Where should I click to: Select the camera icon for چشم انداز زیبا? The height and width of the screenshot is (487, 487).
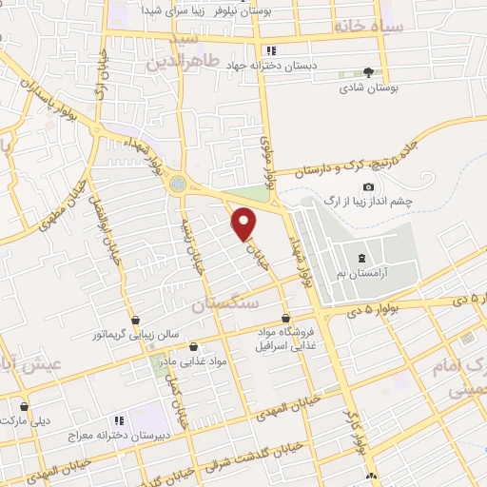(368, 187)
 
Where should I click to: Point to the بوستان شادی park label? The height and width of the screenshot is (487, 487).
(367, 88)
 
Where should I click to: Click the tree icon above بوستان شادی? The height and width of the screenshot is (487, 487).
(368, 72)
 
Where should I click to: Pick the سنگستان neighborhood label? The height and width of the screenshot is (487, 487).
(224, 305)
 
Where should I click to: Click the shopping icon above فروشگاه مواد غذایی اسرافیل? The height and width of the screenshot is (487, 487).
(286, 318)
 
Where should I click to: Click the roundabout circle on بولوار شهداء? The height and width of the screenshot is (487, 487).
(177, 186)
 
